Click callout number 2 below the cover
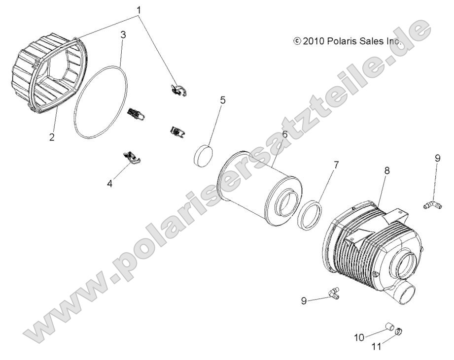pyautogui.click(x=52, y=137)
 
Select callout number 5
pyautogui.click(x=223, y=100)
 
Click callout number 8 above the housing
pyautogui.click(x=387, y=170)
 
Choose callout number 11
pyautogui.click(x=377, y=347)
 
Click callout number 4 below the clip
pyautogui.click(x=109, y=184)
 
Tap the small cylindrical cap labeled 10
pyautogui.click(x=389, y=326)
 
